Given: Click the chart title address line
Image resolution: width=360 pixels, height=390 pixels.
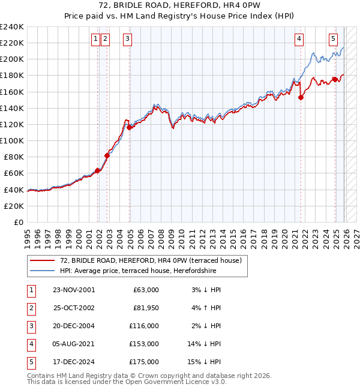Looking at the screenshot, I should [x=180, y=5].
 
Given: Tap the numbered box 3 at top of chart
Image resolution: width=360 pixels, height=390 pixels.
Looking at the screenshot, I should [x=128, y=39].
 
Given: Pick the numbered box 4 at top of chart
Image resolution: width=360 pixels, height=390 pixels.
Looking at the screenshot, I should [x=299, y=39].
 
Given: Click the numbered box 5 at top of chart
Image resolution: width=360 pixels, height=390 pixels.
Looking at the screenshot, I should [x=333, y=39].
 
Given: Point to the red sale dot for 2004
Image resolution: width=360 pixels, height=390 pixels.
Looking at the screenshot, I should [x=130, y=127].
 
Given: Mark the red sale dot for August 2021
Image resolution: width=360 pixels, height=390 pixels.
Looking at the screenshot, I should [x=301, y=98].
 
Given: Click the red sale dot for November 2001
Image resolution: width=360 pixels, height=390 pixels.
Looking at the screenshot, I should [x=97, y=170].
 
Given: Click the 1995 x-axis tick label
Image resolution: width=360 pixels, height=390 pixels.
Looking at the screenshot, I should [x=28, y=233].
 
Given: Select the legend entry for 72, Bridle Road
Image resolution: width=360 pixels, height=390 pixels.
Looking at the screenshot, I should [x=150, y=260].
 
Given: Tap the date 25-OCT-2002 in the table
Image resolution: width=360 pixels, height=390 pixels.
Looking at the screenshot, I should [x=73, y=308].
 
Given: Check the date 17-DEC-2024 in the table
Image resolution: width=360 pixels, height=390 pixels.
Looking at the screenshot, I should [x=73, y=362].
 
